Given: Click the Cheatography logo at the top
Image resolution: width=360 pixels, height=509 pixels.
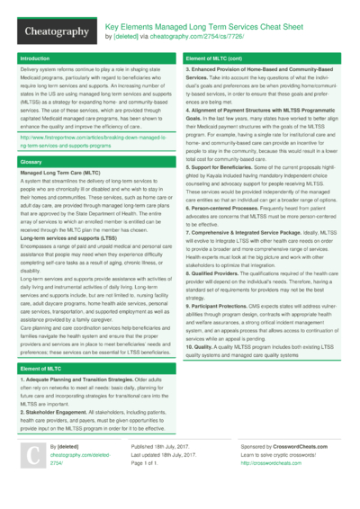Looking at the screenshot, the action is coord(56,31).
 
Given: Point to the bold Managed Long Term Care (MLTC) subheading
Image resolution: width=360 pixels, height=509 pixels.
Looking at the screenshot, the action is coord(59,172).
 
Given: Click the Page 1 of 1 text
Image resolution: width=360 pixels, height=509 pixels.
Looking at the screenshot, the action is coord(148,462).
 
